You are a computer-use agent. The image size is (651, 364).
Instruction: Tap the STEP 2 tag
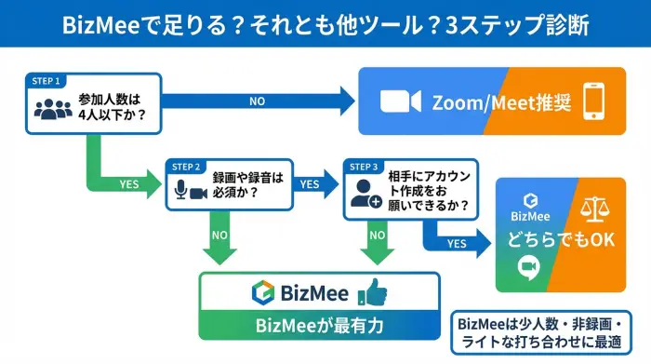coord(186,166)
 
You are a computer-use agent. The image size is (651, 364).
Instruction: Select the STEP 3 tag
coord(364,166)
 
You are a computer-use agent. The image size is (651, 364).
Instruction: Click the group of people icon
coord(53,108)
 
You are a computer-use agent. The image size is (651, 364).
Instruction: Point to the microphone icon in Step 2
coord(180,191)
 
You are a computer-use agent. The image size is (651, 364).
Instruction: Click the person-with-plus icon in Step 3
coord(362,193)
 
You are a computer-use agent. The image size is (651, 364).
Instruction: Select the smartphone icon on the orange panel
coord(594,101)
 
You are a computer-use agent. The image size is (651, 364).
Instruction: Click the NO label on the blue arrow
coord(256,100)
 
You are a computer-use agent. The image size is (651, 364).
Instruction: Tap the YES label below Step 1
coord(130,183)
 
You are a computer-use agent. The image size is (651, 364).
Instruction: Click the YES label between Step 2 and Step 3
coord(309,183)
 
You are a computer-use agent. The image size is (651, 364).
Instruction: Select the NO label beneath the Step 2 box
coord(220,235)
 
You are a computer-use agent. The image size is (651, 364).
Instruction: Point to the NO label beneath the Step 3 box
coord(376,235)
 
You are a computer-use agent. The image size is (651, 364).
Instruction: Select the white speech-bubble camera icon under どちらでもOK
coord(529,269)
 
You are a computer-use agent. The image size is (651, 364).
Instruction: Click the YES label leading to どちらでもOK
coord(457,244)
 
